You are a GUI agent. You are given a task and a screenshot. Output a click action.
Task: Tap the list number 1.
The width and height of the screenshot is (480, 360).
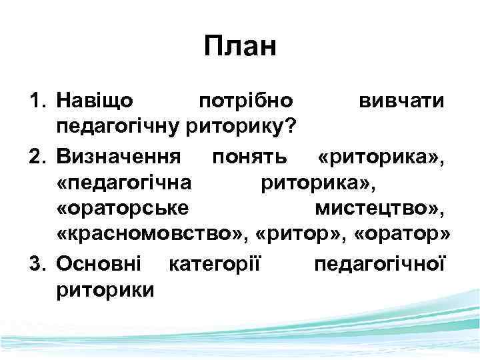click(x=36, y=101)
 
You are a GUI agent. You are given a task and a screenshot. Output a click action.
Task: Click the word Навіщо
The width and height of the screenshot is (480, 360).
click(x=95, y=101)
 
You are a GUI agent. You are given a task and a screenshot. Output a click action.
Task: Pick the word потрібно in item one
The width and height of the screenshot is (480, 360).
click(x=246, y=101)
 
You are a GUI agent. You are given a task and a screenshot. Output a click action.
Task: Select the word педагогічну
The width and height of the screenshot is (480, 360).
click(x=111, y=127)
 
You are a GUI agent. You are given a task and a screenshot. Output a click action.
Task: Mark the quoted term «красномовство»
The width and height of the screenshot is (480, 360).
click(x=151, y=236)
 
